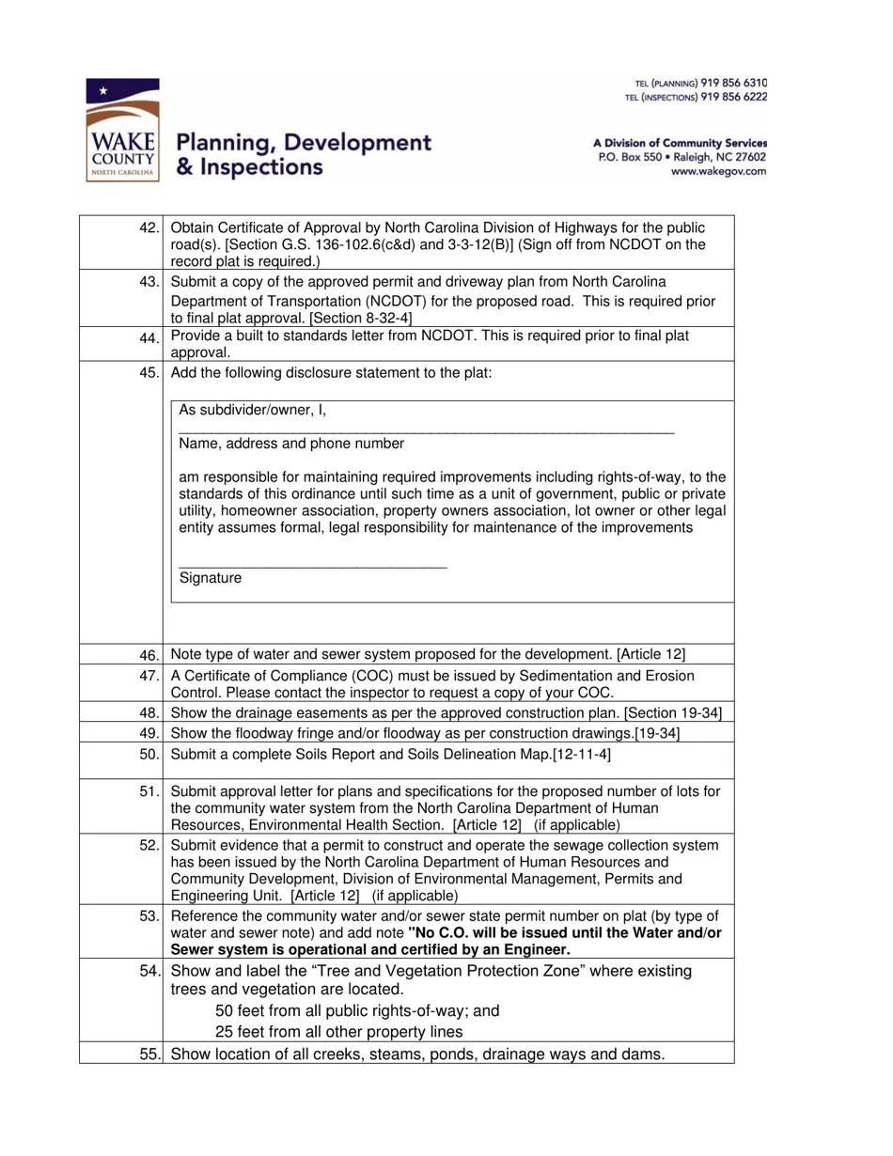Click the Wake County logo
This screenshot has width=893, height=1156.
pyautogui.click(x=121, y=130)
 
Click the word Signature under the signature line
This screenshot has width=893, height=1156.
pyautogui.click(x=210, y=579)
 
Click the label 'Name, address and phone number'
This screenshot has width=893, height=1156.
pyautogui.click(x=291, y=444)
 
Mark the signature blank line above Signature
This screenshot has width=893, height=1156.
pyautogui.click(x=312, y=565)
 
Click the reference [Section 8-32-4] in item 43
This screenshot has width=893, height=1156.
pyautogui.click(x=352, y=319)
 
